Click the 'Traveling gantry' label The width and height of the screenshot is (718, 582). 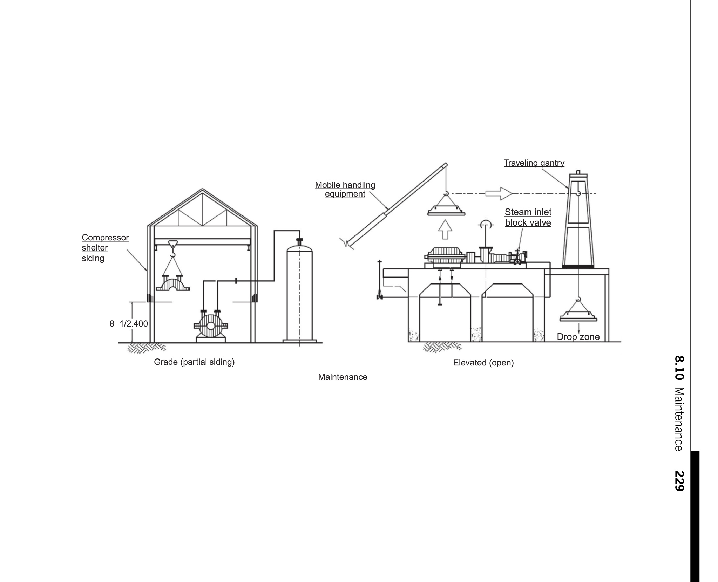pyautogui.click(x=534, y=163)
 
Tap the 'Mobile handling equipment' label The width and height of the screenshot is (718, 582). pyautogui.click(x=345, y=189)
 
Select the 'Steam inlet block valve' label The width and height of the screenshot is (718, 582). pyautogui.click(x=528, y=217)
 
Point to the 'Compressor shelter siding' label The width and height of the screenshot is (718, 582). pyautogui.click(x=105, y=248)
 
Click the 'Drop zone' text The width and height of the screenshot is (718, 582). pyautogui.click(x=578, y=337)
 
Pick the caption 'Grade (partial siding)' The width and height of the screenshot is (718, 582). pyautogui.click(x=194, y=362)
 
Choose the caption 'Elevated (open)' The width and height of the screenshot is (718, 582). pyautogui.click(x=483, y=363)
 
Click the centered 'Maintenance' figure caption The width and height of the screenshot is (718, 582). pyautogui.click(x=343, y=377)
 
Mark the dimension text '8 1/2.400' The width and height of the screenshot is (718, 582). pyautogui.click(x=129, y=323)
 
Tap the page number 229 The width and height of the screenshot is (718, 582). pyautogui.click(x=679, y=481)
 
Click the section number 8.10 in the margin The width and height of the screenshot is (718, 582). pyautogui.click(x=679, y=368)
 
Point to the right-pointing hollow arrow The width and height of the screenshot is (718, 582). pyautogui.click(x=499, y=193)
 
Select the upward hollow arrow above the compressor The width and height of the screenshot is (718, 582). pyautogui.click(x=445, y=230)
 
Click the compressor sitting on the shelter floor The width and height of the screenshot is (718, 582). pyautogui.click(x=210, y=326)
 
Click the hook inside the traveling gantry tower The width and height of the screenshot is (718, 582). pyautogui.click(x=578, y=192)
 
